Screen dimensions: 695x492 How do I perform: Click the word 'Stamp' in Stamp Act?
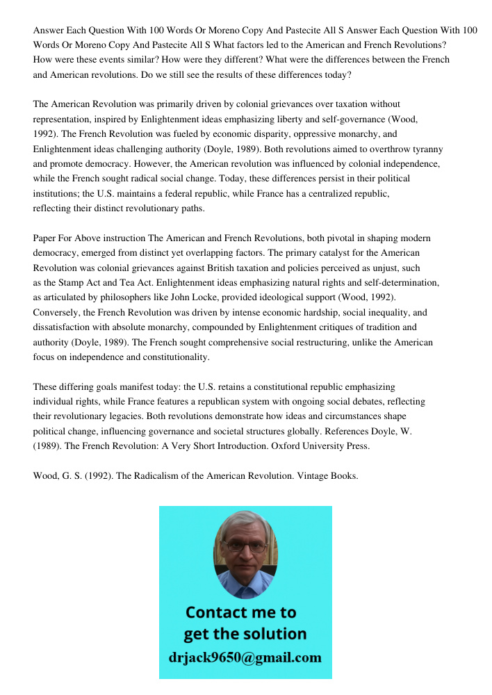point(76,282)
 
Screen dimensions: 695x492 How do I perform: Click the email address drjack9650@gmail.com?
point(245,657)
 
